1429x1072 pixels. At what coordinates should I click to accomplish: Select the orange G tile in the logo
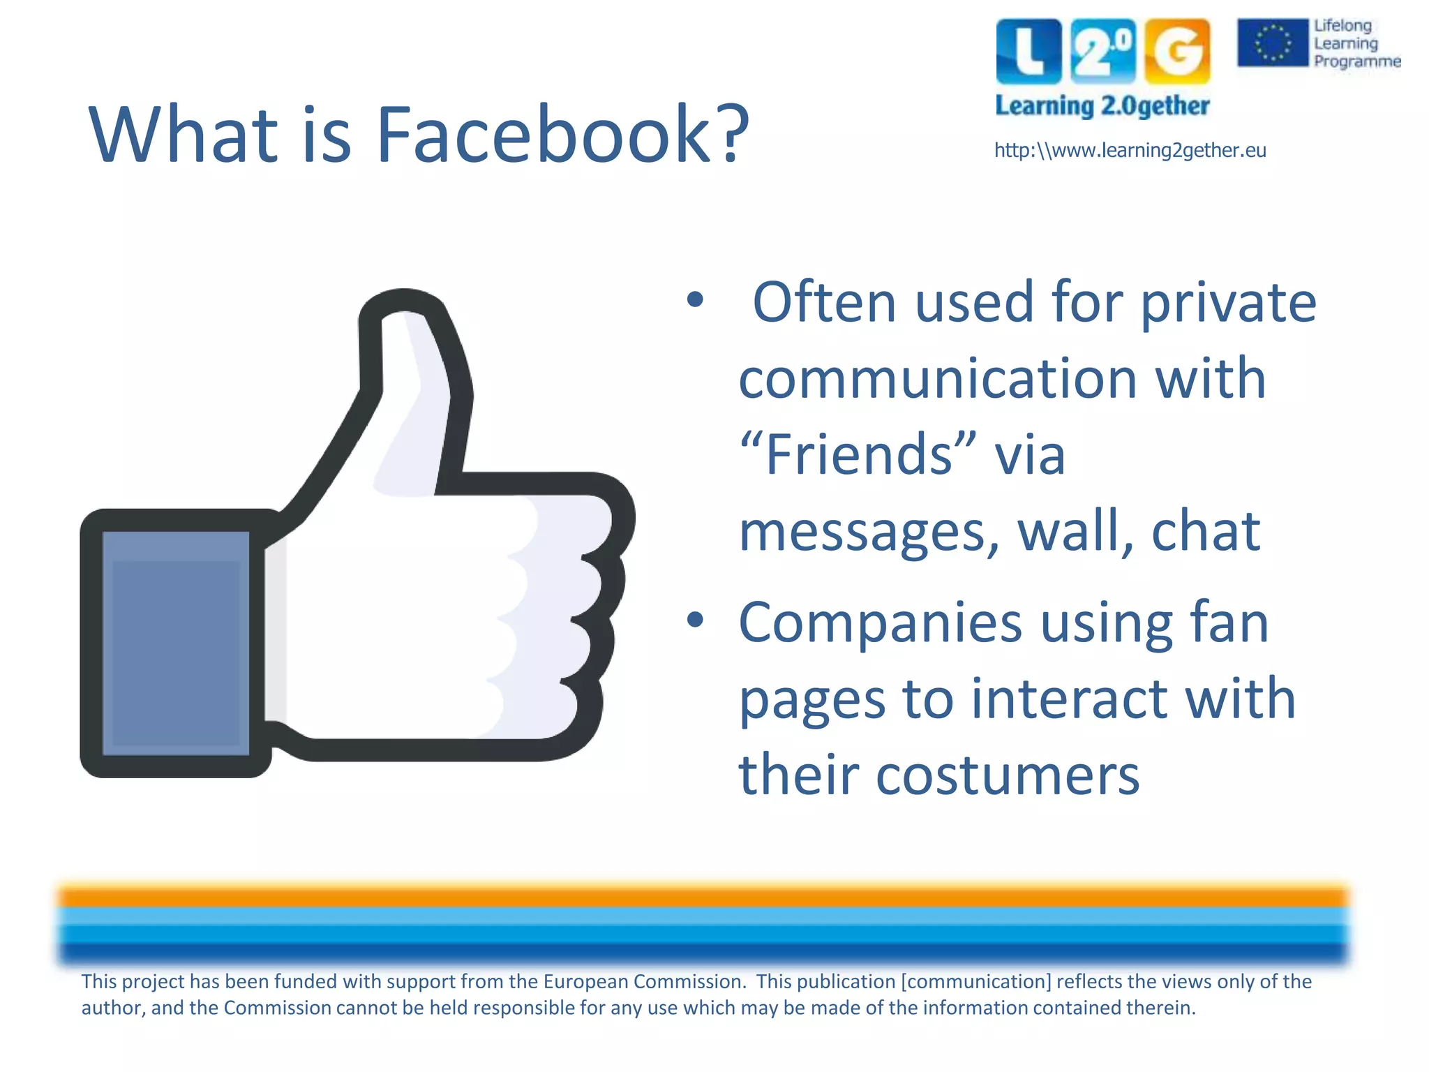(1177, 52)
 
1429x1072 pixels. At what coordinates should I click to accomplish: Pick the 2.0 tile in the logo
(1103, 52)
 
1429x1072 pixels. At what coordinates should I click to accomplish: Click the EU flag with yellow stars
(1273, 43)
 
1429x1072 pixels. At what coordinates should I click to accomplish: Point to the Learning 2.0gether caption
(1102, 106)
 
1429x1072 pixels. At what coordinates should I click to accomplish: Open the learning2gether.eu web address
(1130, 151)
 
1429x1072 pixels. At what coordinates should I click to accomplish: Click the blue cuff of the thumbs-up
(176, 643)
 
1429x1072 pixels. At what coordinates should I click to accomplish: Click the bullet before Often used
(695, 301)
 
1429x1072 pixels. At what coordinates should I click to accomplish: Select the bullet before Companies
(695, 620)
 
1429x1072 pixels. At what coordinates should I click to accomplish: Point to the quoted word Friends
(858, 454)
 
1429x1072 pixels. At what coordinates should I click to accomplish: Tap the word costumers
(1008, 775)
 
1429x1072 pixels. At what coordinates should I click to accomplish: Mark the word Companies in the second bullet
(881, 623)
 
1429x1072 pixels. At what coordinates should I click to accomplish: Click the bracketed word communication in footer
(976, 981)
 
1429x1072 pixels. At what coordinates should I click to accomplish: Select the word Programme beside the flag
(1357, 61)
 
